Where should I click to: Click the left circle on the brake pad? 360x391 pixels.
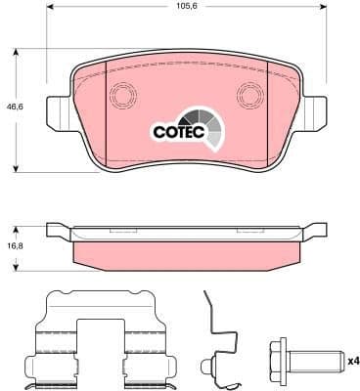(x=124, y=95)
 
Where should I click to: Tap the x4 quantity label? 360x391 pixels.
(x=353, y=362)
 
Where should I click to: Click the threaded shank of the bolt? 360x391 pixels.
(x=324, y=361)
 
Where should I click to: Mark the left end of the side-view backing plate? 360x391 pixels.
(x=57, y=232)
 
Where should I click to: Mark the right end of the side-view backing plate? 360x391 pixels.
(x=319, y=232)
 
